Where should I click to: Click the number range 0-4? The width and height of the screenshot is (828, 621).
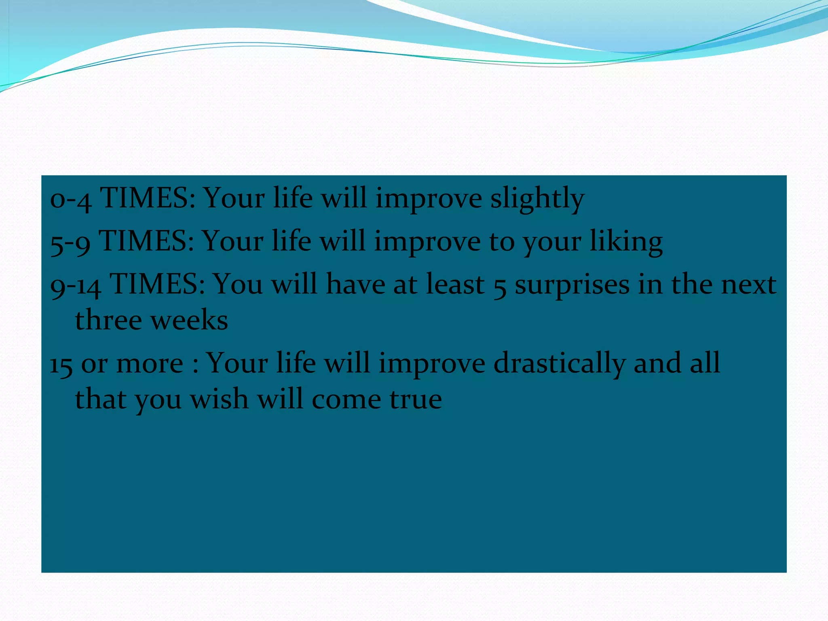pyautogui.click(x=70, y=199)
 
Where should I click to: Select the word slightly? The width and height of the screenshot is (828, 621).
pyautogui.click(x=537, y=199)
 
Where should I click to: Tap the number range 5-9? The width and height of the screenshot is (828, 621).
pyautogui.click(x=70, y=242)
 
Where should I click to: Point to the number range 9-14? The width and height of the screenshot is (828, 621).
pyautogui.click(x=76, y=285)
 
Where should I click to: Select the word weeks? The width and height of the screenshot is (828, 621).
pyautogui.click(x=189, y=320)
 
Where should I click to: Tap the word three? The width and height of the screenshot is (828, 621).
pyautogui.click(x=108, y=320)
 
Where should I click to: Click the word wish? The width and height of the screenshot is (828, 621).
pyautogui.click(x=219, y=399)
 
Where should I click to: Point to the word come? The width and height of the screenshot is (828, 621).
pyautogui.click(x=346, y=399)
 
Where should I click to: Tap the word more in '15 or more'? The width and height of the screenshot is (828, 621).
pyautogui.click(x=150, y=363)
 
